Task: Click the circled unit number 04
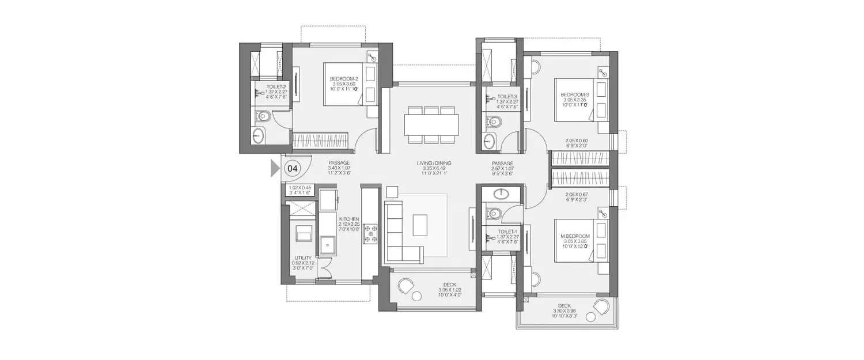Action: coord(293,169)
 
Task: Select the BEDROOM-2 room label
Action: coord(344,79)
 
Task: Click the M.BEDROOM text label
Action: coord(574,236)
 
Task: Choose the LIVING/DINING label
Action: coord(432,164)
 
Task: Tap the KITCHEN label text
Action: coord(349,219)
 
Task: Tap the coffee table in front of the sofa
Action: coord(420,225)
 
